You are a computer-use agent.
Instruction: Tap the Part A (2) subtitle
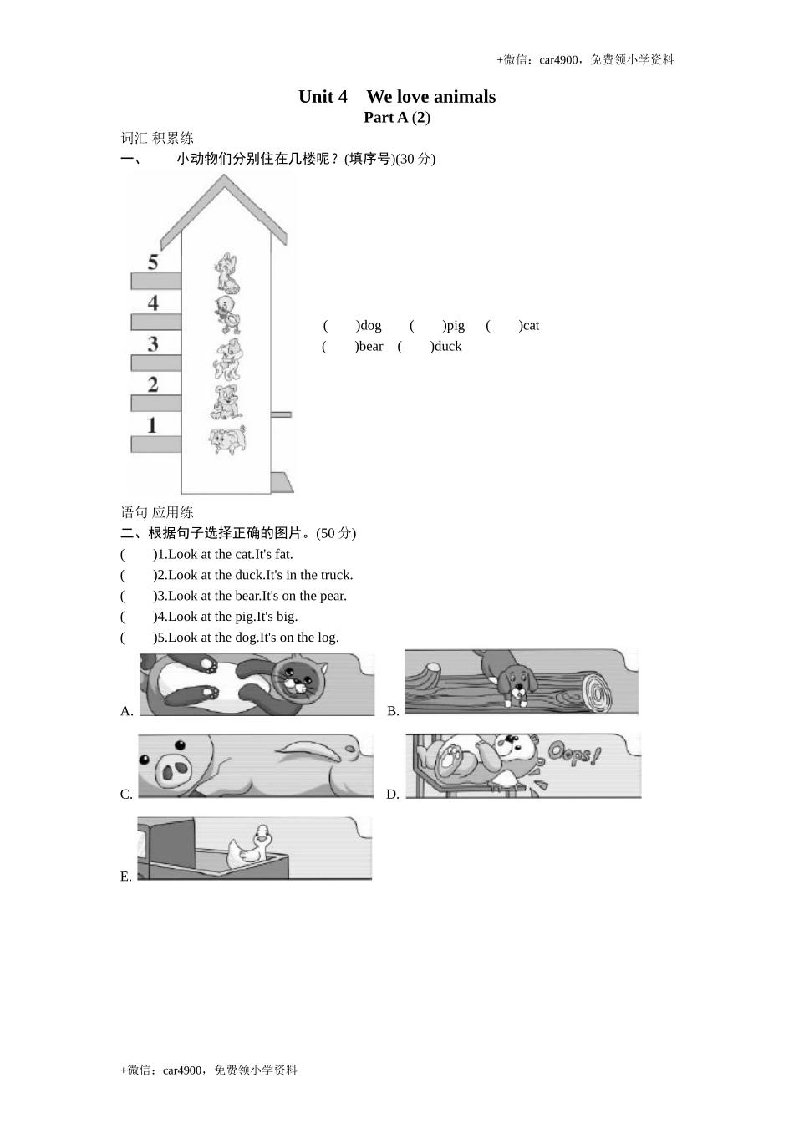(x=396, y=118)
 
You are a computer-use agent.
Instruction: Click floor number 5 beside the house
(x=153, y=262)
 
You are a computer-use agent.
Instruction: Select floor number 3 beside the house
(x=153, y=343)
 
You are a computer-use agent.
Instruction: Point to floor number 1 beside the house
(x=152, y=425)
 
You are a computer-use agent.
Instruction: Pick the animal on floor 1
(x=228, y=439)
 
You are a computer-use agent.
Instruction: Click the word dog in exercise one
(x=370, y=326)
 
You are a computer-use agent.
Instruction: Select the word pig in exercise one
(x=455, y=326)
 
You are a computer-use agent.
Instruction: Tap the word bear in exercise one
(x=370, y=347)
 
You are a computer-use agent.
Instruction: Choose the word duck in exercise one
(x=448, y=347)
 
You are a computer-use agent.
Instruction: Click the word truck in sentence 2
(x=336, y=575)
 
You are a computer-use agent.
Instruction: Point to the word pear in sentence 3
(x=333, y=596)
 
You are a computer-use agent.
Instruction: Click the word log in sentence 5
(x=328, y=638)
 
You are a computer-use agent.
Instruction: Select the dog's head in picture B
(x=515, y=681)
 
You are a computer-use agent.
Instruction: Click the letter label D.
(x=393, y=795)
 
